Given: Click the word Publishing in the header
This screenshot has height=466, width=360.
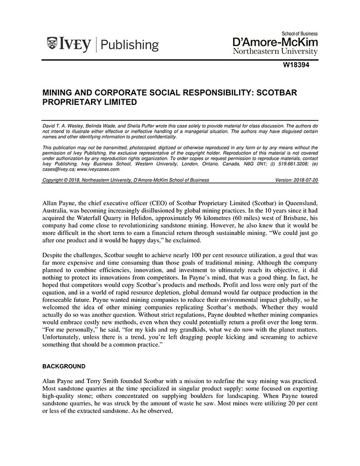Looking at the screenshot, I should [130, 45].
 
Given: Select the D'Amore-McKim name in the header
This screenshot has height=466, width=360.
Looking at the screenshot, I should [275, 41].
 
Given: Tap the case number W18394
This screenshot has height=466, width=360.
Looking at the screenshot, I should [300, 65].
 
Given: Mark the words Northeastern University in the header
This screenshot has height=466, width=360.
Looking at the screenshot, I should [275, 51].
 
